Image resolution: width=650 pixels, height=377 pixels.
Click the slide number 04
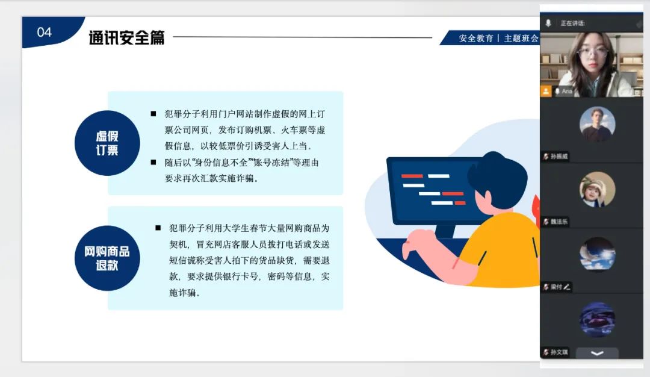(x=45, y=33)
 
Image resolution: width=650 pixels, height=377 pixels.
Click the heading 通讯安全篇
(x=126, y=38)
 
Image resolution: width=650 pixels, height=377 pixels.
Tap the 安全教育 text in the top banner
(x=476, y=39)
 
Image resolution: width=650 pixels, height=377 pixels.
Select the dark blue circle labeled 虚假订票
(x=107, y=143)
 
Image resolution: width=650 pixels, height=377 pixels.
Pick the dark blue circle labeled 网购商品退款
(x=107, y=258)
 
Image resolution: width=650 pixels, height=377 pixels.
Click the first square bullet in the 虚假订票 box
(x=153, y=114)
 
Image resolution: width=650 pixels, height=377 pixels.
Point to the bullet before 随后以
(x=153, y=162)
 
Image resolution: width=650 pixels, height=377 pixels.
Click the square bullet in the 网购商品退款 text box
(x=158, y=228)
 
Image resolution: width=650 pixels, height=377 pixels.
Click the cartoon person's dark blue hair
(x=498, y=176)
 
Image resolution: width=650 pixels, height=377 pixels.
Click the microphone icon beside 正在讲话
(x=548, y=23)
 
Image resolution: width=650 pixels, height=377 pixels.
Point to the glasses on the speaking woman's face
(x=593, y=53)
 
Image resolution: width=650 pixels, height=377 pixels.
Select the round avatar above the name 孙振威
(x=598, y=125)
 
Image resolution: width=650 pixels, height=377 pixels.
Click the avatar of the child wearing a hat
(x=598, y=190)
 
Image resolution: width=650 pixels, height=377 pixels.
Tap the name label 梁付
(x=557, y=287)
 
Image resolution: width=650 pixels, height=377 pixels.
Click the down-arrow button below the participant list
(x=597, y=354)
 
